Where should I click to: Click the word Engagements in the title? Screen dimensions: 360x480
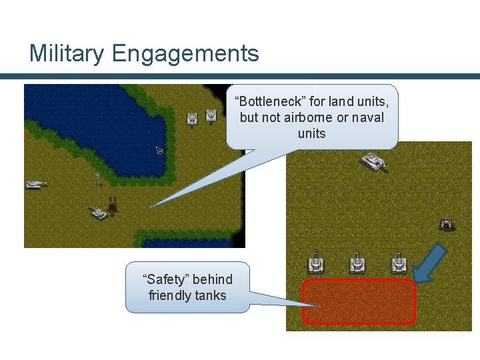click(x=184, y=53)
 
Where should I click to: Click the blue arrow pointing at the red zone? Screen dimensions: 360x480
click(x=429, y=261)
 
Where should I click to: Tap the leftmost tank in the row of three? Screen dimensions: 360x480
click(x=315, y=263)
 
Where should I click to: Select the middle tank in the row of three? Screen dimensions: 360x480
click(x=358, y=263)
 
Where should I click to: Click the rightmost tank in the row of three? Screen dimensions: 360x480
click(x=399, y=263)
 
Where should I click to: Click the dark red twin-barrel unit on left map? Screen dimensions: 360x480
click(x=113, y=205)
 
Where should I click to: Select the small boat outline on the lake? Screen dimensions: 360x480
click(x=160, y=150)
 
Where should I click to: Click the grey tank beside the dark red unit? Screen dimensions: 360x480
click(x=98, y=213)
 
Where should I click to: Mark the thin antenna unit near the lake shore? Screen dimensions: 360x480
click(x=97, y=179)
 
